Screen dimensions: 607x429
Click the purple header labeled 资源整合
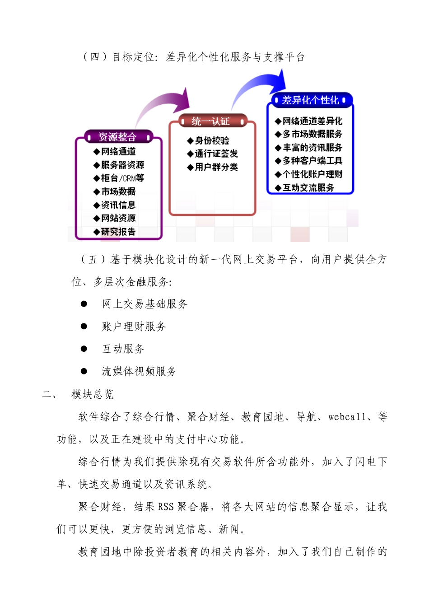tap(118, 137)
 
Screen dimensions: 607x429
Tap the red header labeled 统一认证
tap(211, 121)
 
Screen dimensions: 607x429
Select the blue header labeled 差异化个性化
tap(310, 100)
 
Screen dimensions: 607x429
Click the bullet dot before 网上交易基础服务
tap(84, 304)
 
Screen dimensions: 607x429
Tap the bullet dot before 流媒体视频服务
tap(84, 371)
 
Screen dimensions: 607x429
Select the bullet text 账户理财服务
tap(134, 327)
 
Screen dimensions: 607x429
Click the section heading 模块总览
tap(93, 394)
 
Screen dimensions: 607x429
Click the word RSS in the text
tap(166, 507)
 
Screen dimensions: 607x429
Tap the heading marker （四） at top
tap(95, 57)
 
